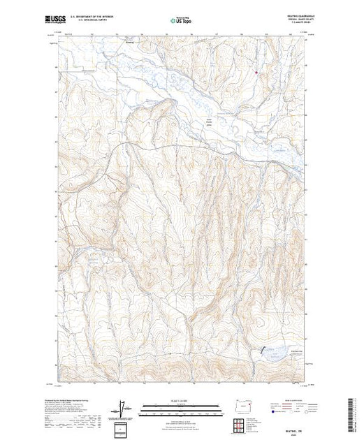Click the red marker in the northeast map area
coord(256,72)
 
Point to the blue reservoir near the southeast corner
coord(268,354)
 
